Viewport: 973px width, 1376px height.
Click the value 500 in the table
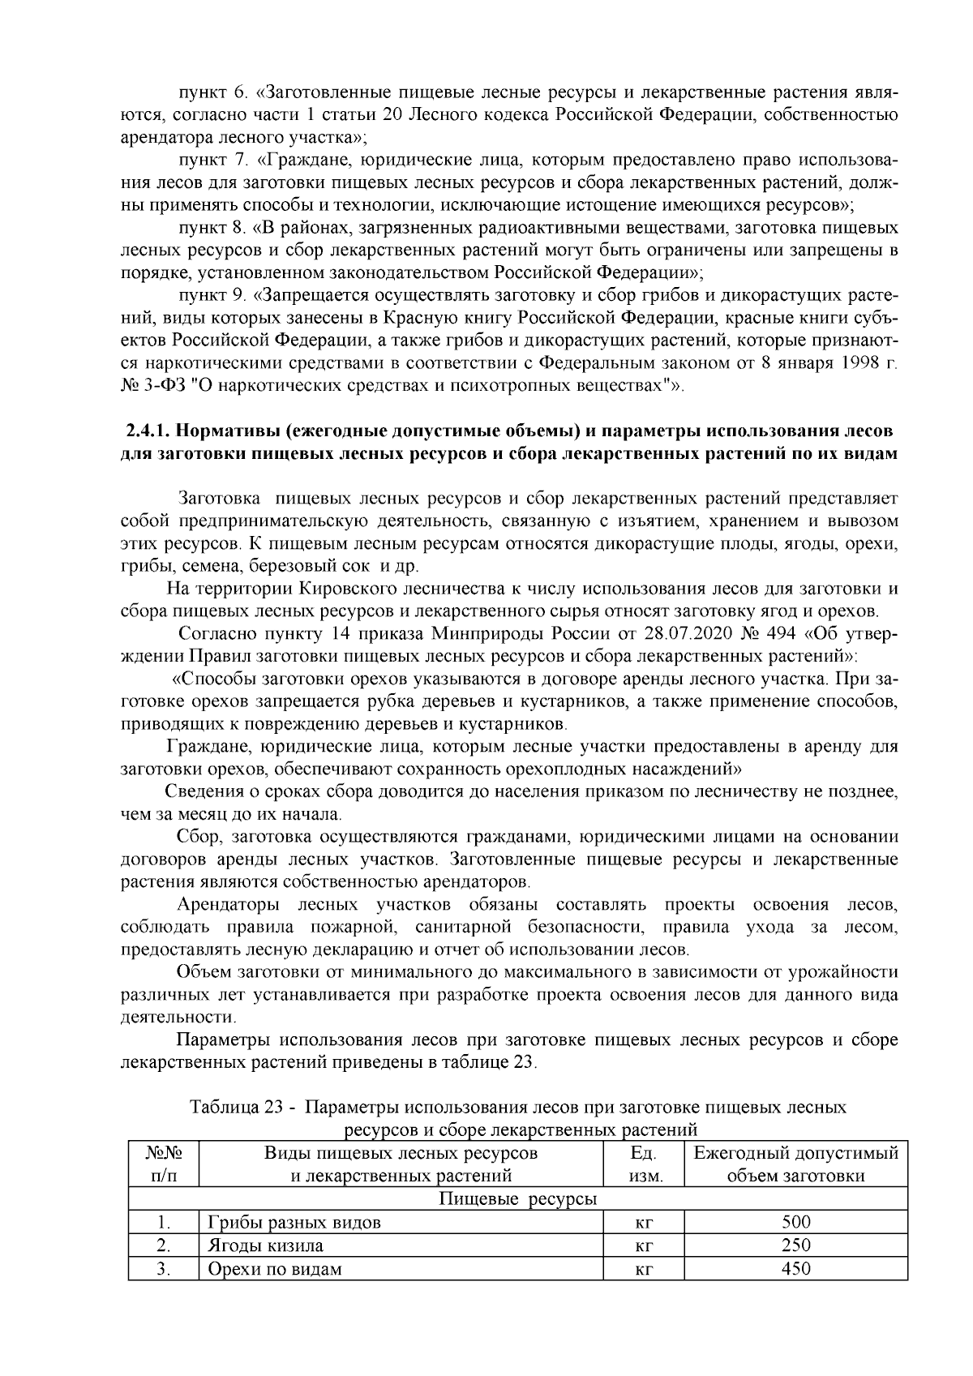[795, 1222]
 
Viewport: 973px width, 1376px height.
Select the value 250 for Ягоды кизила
[795, 1245]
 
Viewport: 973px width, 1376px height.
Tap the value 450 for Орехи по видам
[795, 1269]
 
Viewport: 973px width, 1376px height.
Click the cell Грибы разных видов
[294, 1222]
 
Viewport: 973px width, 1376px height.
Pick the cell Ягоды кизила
[266, 1245]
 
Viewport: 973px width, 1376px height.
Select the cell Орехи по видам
[275, 1269]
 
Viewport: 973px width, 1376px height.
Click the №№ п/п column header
[164, 1164]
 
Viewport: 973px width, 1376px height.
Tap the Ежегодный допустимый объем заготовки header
[795, 1164]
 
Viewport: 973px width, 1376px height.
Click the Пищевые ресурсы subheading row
[517, 1198]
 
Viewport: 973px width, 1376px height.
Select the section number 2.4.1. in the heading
[147, 430]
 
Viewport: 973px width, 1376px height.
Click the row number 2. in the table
[164, 1245]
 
